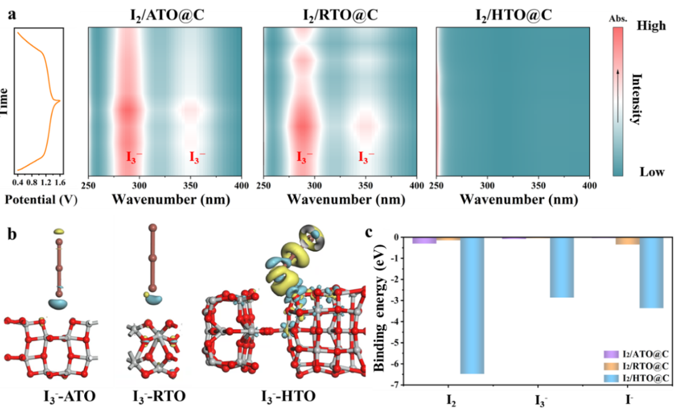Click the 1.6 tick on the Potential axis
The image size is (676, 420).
[60, 183]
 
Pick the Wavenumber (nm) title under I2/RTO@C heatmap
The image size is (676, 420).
[339, 200]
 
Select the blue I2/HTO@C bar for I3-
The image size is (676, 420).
[562, 268]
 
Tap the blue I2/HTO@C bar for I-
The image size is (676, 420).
[652, 273]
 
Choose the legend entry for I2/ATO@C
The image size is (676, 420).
[640, 354]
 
